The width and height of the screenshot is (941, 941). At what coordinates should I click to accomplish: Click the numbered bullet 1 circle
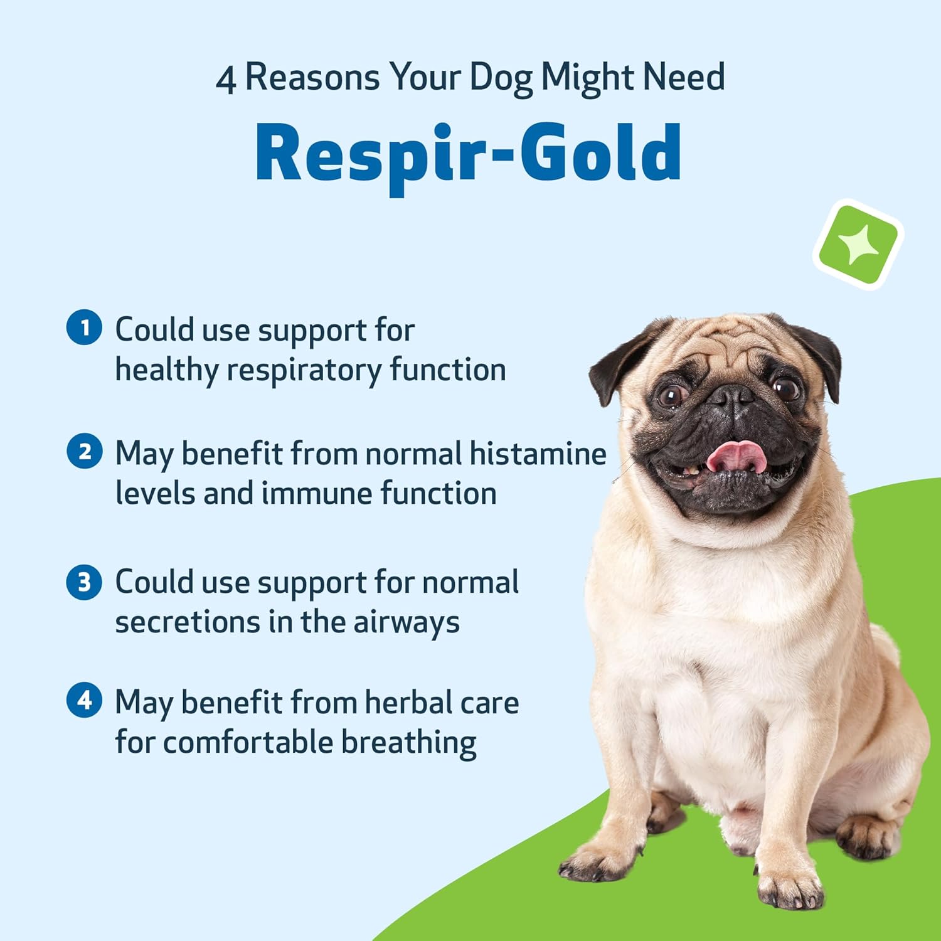[x=84, y=327]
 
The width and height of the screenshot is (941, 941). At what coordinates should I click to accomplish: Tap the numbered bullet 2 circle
[x=84, y=452]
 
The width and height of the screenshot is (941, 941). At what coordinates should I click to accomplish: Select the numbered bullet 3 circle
[x=84, y=582]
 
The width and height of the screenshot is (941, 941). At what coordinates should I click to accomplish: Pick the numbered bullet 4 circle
[x=84, y=699]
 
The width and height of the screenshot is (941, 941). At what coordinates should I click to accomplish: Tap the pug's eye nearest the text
[x=672, y=395]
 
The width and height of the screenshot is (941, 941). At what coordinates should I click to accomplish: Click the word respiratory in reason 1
[x=304, y=370]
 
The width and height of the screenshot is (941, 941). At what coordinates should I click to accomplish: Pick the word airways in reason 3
[x=407, y=623]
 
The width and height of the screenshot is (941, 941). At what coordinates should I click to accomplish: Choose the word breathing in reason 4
[x=408, y=743]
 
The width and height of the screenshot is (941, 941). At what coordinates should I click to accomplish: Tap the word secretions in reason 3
[x=187, y=622]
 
